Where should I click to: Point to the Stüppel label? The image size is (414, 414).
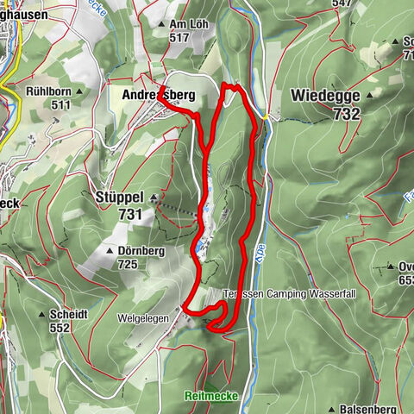(x=117, y=197)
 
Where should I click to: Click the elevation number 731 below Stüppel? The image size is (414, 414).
(x=129, y=213)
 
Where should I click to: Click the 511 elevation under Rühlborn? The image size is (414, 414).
(x=60, y=104)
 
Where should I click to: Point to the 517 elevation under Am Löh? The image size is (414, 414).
(x=179, y=37)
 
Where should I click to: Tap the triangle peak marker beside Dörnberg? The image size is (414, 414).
(x=110, y=251)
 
